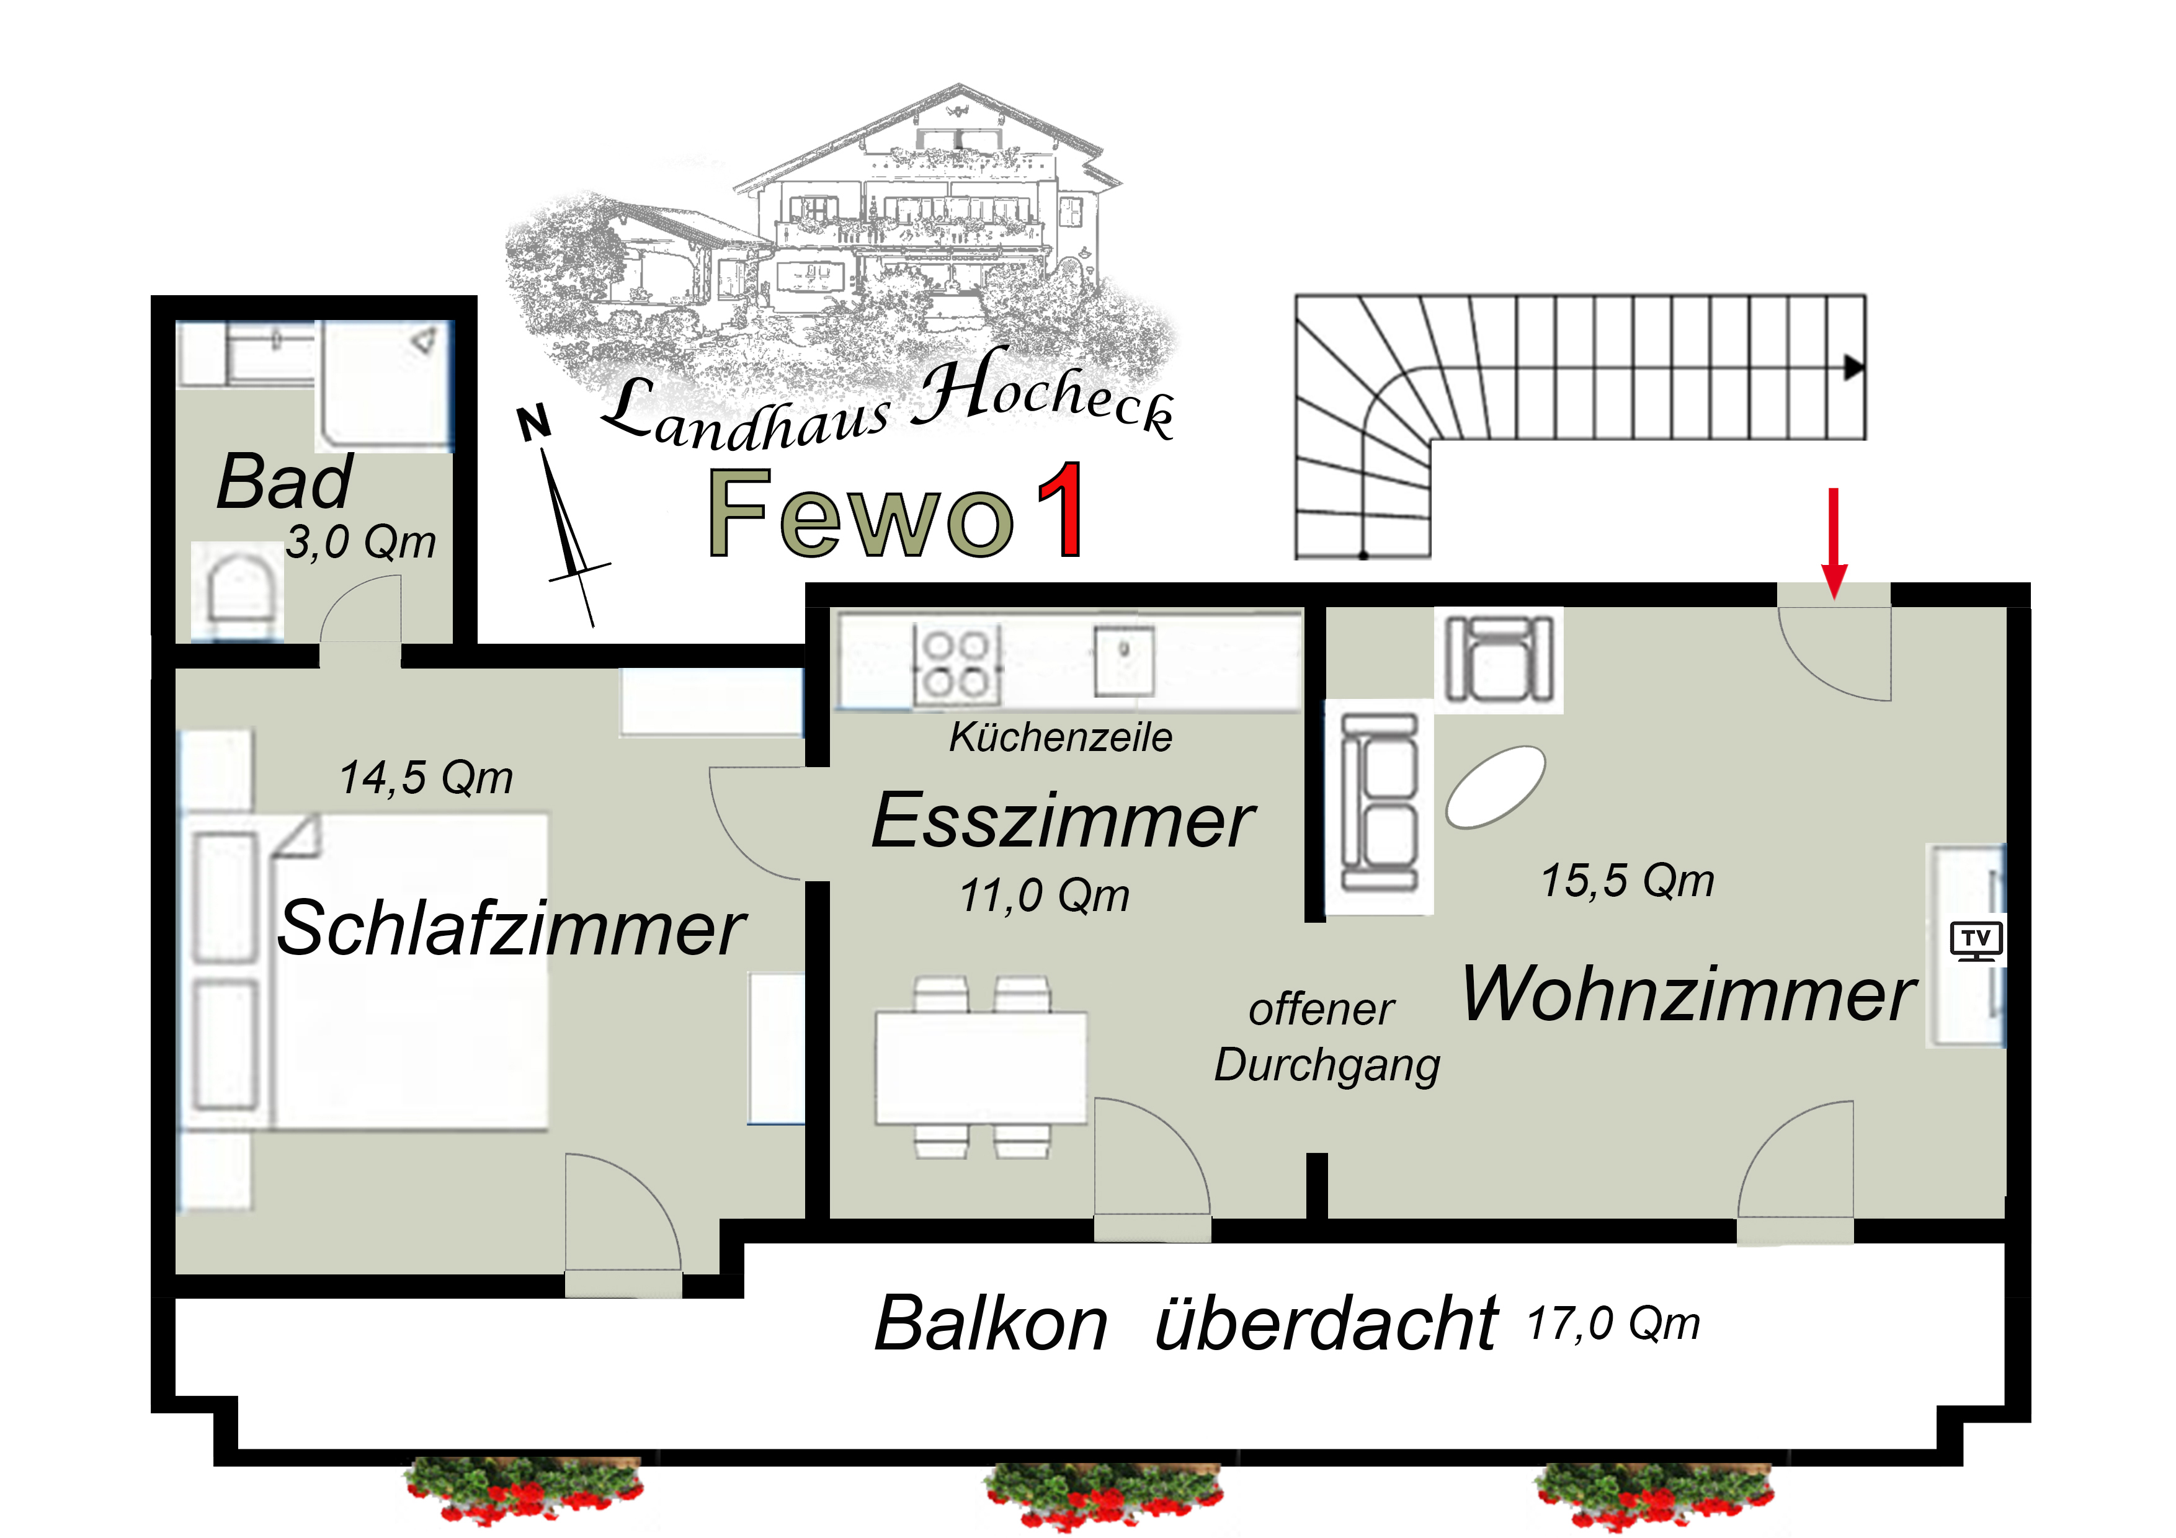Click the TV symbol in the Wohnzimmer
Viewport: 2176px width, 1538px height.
1976,940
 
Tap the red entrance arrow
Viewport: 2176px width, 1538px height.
1834,543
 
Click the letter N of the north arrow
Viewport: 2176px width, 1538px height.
535,423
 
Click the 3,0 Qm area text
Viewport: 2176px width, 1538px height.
361,542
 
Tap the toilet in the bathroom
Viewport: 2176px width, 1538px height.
238,591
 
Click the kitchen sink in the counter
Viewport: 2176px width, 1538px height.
1124,660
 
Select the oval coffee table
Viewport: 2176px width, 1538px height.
1496,786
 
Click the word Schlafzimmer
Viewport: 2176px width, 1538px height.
512,928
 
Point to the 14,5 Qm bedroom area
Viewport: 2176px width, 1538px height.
427,778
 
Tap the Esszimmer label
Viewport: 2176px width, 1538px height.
1063,820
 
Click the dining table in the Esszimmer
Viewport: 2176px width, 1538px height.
981,1068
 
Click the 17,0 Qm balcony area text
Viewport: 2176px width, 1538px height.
1614,1323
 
